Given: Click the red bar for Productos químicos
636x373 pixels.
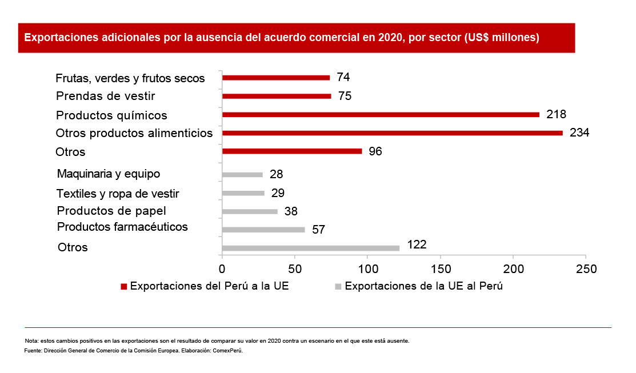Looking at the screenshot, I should coord(381,115).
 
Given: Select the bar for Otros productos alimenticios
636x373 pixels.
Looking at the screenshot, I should coord(392,133).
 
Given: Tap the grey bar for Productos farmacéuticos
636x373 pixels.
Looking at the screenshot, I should coord(263,230).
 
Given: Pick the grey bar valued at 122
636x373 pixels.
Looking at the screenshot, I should coord(311,248).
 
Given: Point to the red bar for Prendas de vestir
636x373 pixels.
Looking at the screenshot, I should coord(277,96).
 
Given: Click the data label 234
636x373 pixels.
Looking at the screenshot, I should coord(579,133).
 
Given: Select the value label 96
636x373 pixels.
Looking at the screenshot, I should coord(375,151).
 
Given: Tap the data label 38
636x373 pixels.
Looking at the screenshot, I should coord(291,211).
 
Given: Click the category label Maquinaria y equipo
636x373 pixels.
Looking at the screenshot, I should coord(109,174).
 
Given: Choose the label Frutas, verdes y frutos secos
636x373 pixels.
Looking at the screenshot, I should coord(130,78).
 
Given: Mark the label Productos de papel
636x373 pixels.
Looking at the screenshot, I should coord(111,211).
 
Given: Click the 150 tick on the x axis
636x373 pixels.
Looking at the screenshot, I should coord(441,268).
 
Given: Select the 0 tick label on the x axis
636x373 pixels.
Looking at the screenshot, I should coord(222,268).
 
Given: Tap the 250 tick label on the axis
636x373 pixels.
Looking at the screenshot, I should coord(586,268).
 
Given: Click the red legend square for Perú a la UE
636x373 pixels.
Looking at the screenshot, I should coord(123,287).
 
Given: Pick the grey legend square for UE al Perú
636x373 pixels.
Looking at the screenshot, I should coord(338,287).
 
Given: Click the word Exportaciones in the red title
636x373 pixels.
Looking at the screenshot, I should coord(57,38).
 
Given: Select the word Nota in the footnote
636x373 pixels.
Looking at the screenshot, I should coord(31,341).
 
